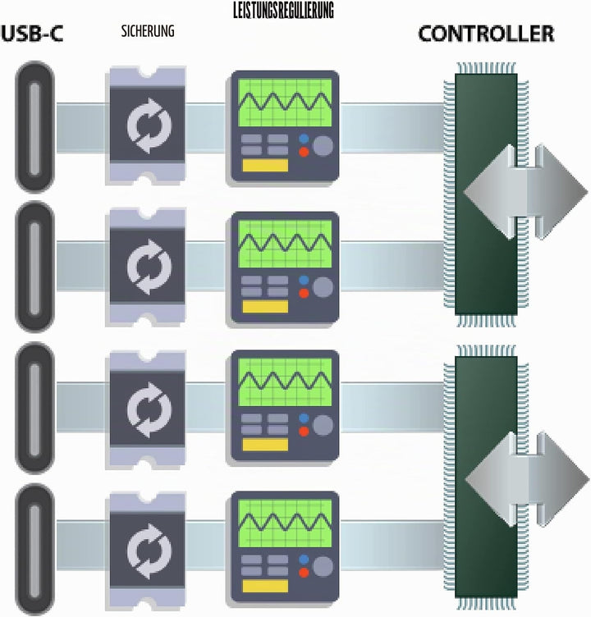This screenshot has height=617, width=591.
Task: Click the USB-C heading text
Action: click(x=32, y=34)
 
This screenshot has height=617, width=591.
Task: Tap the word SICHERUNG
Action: click(x=148, y=31)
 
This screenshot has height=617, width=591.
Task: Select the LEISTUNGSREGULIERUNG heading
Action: click(x=283, y=11)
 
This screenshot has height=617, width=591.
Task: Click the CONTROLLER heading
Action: click(x=486, y=34)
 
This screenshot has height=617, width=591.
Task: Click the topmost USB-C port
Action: click(x=34, y=126)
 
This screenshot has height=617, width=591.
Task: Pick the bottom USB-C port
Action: click(x=34, y=550)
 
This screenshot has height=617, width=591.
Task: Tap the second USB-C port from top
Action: click(x=34, y=267)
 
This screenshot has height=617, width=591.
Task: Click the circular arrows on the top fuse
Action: click(x=149, y=126)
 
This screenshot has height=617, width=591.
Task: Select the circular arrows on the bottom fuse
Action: click(x=149, y=551)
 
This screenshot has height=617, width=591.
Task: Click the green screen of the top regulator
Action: click(x=285, y=103)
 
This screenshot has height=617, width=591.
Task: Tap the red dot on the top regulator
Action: click(x=304, y=152)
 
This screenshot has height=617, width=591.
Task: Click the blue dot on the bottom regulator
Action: click(x=304, y=560)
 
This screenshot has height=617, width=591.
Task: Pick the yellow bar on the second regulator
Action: click(x=265, y=307)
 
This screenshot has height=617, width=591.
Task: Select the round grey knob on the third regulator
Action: click(x=323, y=425)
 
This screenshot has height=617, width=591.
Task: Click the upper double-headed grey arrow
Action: click(x=525, y=192)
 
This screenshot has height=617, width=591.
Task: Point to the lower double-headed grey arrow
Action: click(x=527, y=479)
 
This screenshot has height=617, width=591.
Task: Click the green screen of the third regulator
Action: click(x=285, y=382)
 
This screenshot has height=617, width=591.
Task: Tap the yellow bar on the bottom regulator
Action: click(x=265, y=586)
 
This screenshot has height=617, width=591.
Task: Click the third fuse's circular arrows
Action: click(x=149, y=409)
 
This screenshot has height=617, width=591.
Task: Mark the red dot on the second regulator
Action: click(x=304, y=293)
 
